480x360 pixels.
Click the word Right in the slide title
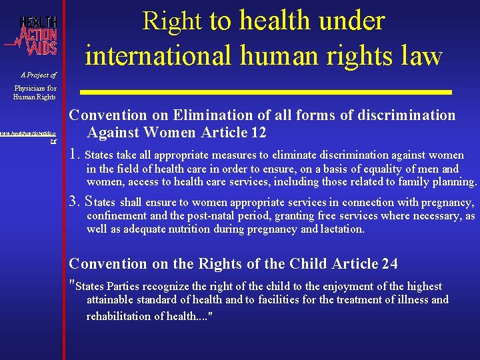click(172, 21)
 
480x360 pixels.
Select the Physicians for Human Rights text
click(35, 93)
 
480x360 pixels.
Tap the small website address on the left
click(32, 137)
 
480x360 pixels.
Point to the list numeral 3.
click(75, 202)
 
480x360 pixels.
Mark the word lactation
click(341, 229)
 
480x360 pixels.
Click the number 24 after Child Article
click(389, 263)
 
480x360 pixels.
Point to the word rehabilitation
click(121, 316)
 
